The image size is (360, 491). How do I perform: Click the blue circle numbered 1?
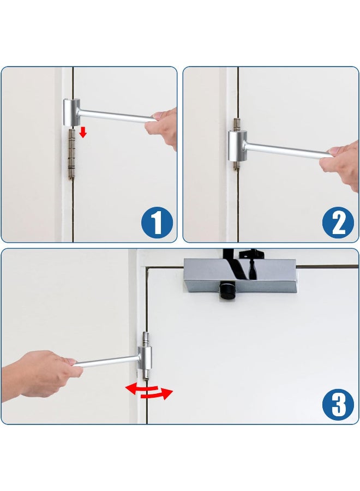coord(157,223)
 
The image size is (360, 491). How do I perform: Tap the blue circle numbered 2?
coord(339,223)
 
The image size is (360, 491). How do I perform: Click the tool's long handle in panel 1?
coord(117,116)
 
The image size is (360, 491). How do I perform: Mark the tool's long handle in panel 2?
coord(286,150)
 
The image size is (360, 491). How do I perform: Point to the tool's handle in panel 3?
coord(106,360)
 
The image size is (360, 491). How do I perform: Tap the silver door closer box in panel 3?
coord(239,276)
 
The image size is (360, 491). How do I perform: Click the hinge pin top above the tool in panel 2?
coord(236,123)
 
